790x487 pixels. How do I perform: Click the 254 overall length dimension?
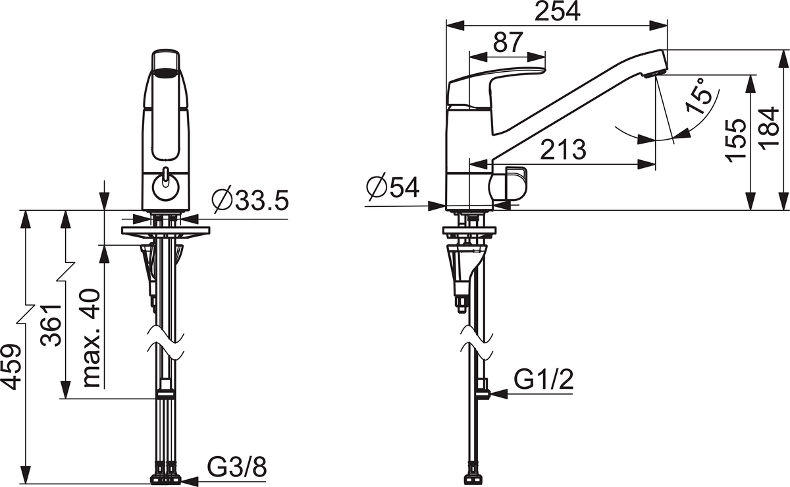(557, 12)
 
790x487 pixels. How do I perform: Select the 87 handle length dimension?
(508, 42)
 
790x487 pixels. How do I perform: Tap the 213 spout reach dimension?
(564, 150)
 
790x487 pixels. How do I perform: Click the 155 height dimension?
(737, 140)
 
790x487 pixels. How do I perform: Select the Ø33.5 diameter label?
(250, 200)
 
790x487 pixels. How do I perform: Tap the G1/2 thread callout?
(544, 380)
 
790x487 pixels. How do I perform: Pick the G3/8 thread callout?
(236, 466)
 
